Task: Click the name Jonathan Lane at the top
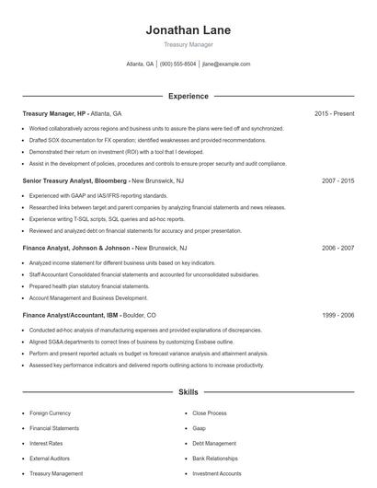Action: point(188,29)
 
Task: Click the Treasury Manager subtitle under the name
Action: point(188,44)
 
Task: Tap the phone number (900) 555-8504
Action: point(178,64)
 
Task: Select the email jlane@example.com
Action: point(226,64)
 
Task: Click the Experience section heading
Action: point(188,96)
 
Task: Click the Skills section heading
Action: point(188,391)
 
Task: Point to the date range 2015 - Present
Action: point(334,113)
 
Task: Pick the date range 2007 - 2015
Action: point(337,180)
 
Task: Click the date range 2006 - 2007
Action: point(337,248)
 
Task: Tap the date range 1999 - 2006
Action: point(337,315)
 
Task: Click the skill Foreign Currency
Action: point(51,413)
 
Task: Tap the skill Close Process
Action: point(209,413)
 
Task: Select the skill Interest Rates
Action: point(46,443)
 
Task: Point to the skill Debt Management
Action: point(214,443)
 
